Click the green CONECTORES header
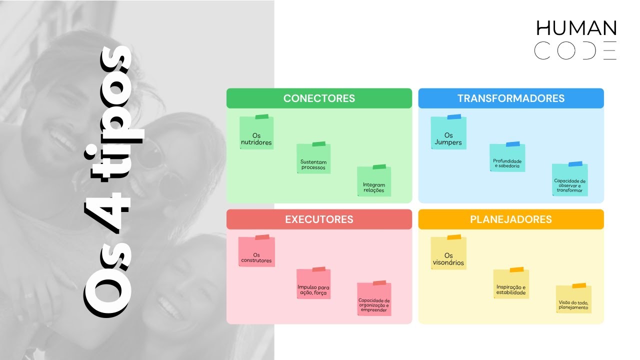coord(319,98)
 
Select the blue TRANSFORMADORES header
coord(511,98)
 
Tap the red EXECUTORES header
coord(319,219)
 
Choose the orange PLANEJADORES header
coord(511,219)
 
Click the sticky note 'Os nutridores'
coord(256,132)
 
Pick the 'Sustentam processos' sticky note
coord(313,157)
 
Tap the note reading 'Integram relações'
coord(374,180)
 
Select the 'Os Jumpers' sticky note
coord(448,132)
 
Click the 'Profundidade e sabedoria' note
coord(507,157)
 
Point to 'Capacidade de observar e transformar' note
coord(569,179)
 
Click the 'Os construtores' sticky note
coord(256,251)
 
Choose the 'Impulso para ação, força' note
coord(313,283)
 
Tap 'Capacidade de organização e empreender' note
coord(374,298)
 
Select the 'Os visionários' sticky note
coord(448,252)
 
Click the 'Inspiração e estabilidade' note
coord(511,283)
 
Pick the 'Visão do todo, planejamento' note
coord(573,298)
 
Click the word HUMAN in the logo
coord(576,28)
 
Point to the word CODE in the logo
coord(575,50)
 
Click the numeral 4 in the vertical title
coord(107,212)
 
